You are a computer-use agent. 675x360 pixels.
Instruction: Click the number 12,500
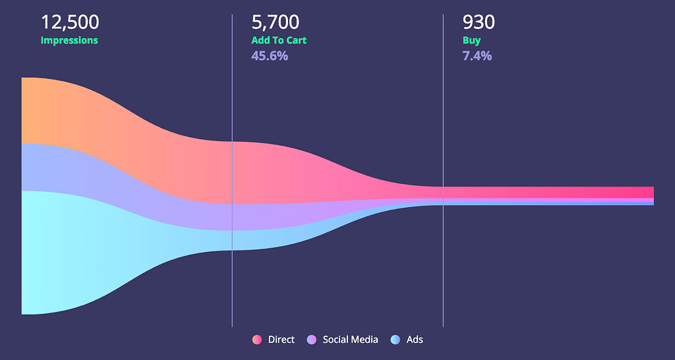tap(70, 22)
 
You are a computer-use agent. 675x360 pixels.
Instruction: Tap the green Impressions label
tap(69, 40)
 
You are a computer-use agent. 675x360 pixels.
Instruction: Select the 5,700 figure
tap(275, 22)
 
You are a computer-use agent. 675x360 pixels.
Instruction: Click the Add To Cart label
tap(279, 40)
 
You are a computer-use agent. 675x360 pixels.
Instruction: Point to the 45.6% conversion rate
tap(269, 56)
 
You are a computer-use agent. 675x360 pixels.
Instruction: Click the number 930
tap(479, 22)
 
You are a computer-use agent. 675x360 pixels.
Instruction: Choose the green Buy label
tap(471, 40)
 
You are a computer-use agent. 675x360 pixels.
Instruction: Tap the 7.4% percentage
tap(477, 56)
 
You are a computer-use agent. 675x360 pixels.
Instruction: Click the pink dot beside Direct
tap(257, 340)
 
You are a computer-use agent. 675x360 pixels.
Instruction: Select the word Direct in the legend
tap(281, 340)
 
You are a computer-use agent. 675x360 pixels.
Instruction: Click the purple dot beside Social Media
tap(312, 340)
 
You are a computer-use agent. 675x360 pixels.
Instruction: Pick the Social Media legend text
tap(350, 340)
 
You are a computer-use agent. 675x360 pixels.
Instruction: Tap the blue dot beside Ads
tap(396, 340)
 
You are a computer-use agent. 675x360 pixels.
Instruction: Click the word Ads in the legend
tap(415, 340)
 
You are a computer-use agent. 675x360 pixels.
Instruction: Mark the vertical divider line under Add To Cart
tap(232, 290)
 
